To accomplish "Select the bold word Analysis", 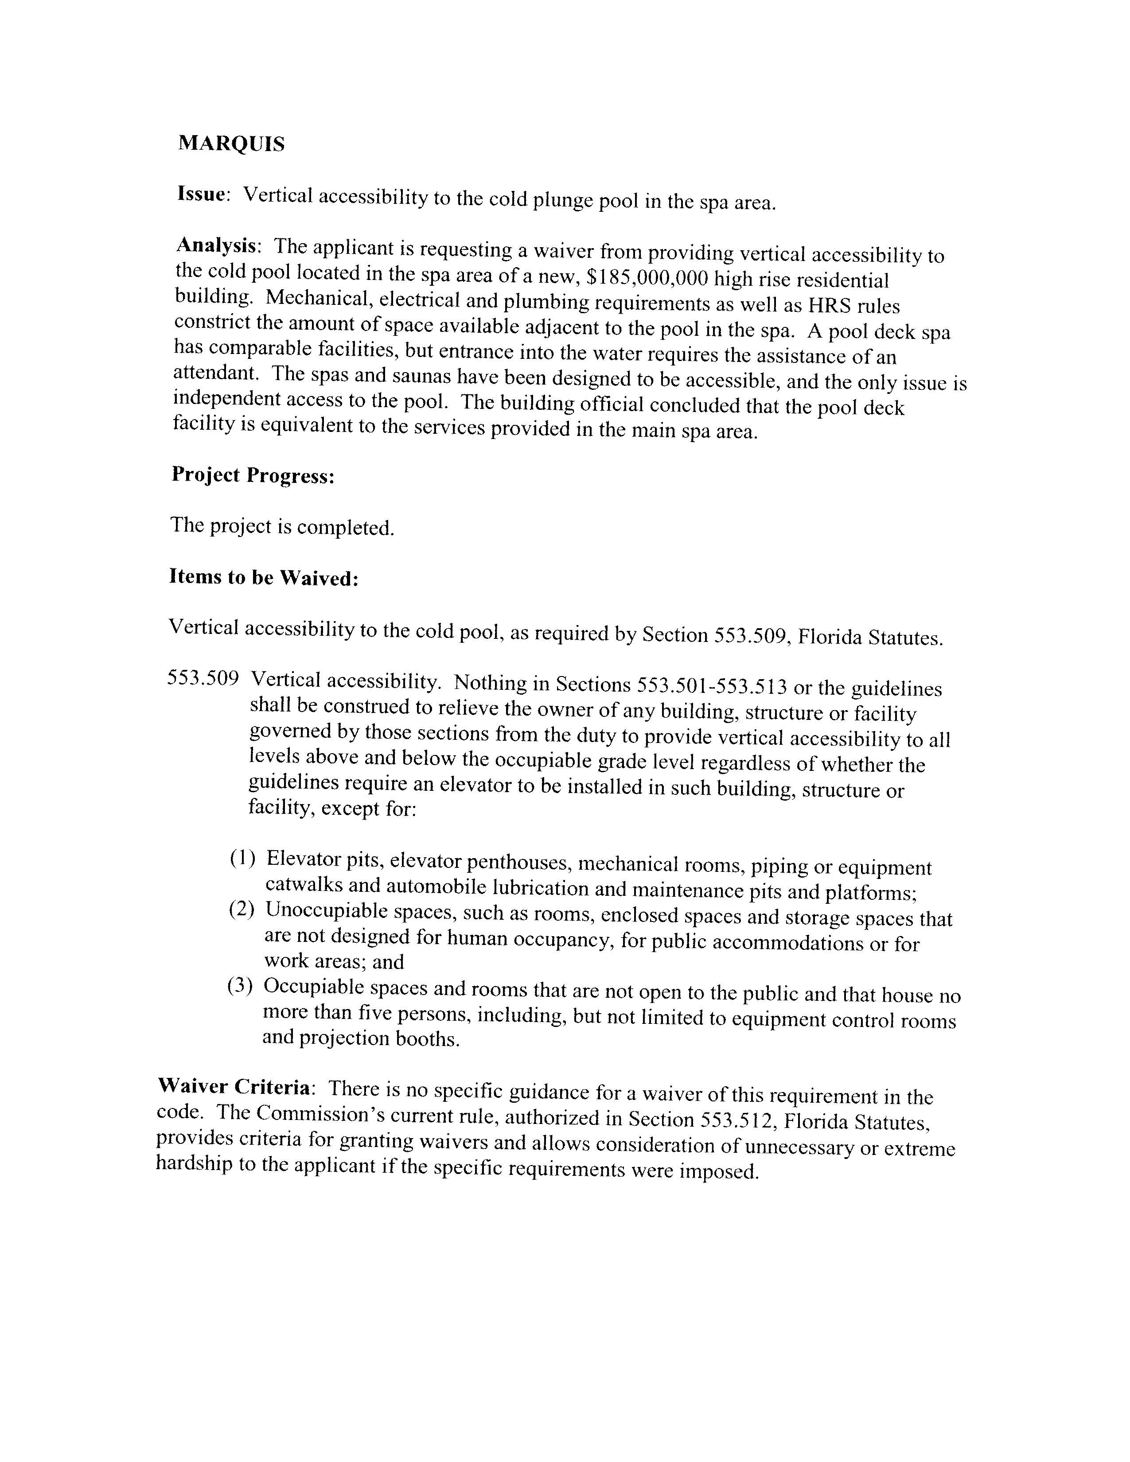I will (x=216, y=246).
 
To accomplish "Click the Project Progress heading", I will (x=253, y=475).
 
